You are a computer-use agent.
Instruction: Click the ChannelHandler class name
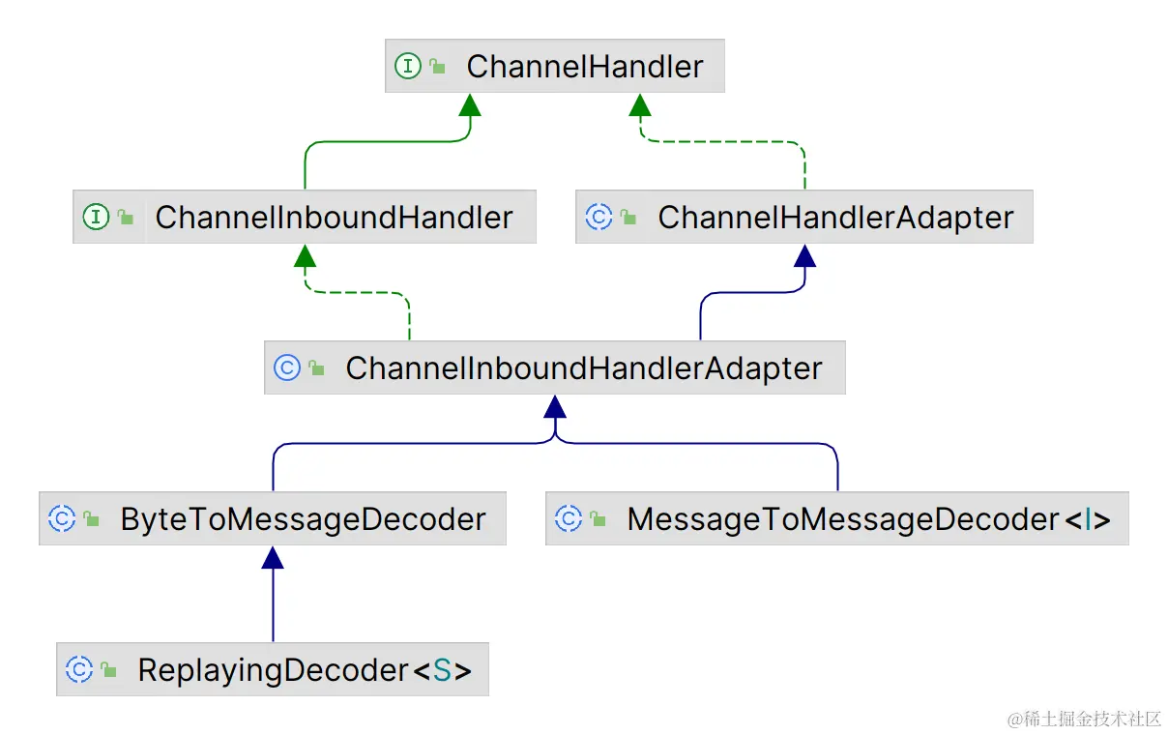point(584,67)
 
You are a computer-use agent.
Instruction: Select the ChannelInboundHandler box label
point(334,218)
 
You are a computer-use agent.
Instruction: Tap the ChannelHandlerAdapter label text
point(835,218)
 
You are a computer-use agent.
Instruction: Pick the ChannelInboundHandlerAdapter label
point(583,368)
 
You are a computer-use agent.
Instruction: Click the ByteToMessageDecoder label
point(303,519)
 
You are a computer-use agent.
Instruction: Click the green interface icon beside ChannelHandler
point(408,67)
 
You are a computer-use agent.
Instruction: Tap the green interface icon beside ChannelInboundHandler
point(96,218)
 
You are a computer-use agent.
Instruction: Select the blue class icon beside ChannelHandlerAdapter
point(599,218)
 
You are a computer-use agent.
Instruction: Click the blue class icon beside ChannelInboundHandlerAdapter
point(287,368)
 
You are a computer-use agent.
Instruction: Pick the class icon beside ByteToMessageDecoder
point(62,519)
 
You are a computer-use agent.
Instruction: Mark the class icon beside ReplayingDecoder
point(79,670)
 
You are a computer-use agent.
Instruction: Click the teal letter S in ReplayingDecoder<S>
point(442,670)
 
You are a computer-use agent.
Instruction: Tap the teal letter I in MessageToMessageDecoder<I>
point(1088,520)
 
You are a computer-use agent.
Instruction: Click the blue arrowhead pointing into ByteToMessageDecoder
point(273,557)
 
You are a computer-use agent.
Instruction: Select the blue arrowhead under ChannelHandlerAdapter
point(804,255)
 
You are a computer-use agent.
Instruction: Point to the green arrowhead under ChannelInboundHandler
point(305,255)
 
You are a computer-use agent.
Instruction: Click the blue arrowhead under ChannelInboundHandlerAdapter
point(555,406)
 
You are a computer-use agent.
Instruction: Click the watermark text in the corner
point(1084,719)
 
